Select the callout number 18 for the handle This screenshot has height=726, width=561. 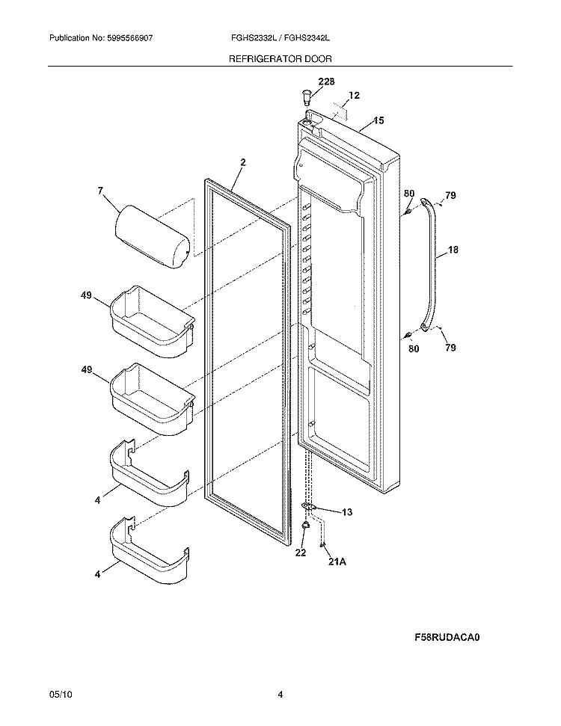[x=453, y=252]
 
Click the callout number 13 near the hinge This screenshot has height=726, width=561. [x=346, y=512]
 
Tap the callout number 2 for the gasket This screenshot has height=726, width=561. [x=243, y=162]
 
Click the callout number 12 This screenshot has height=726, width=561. [x=354, y=96]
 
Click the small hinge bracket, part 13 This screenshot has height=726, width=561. [x=308, y=508]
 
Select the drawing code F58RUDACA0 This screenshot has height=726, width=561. [x=447, y=638]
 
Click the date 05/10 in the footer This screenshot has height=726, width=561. [x=59, y=695]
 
